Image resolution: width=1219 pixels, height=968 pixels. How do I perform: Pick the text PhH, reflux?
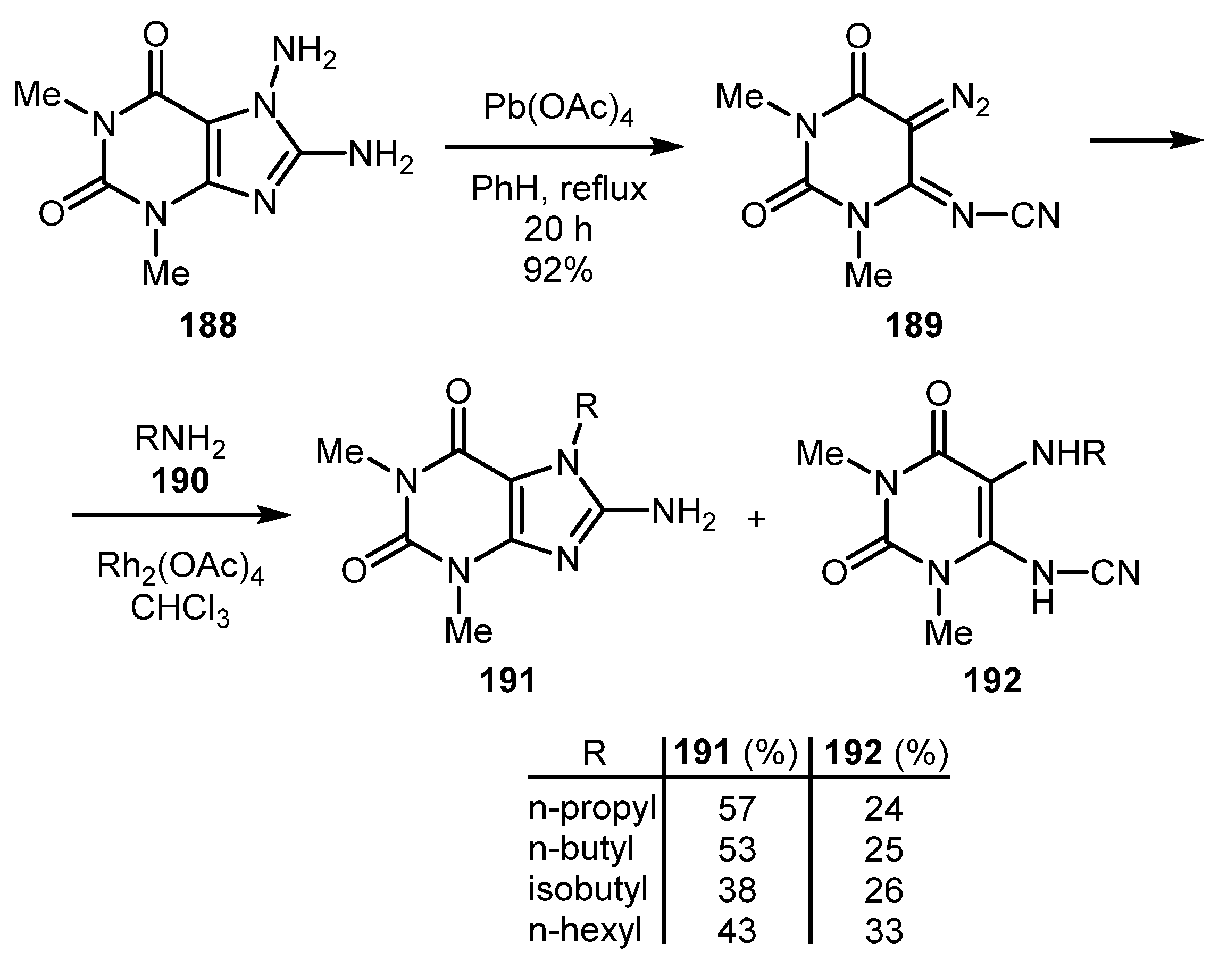558,188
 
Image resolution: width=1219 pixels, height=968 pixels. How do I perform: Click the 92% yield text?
558,270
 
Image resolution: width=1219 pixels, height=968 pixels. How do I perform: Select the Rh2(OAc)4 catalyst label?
180,567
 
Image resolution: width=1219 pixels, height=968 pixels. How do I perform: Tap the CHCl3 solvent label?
180,610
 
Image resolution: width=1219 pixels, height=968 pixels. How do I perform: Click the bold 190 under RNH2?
180,481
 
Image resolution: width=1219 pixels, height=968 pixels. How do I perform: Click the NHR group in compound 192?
1068,454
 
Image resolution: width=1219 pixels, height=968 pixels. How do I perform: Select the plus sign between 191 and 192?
756,519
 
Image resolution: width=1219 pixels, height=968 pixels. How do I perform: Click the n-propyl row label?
591,809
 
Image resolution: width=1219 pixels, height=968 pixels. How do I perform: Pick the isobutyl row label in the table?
588,889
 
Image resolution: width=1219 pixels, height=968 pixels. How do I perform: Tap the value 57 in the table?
737,808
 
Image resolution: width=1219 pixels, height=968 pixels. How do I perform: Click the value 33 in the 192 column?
884,931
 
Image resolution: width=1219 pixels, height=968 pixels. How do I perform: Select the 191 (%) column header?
736,753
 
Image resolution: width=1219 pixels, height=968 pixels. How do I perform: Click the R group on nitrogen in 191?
586,406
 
